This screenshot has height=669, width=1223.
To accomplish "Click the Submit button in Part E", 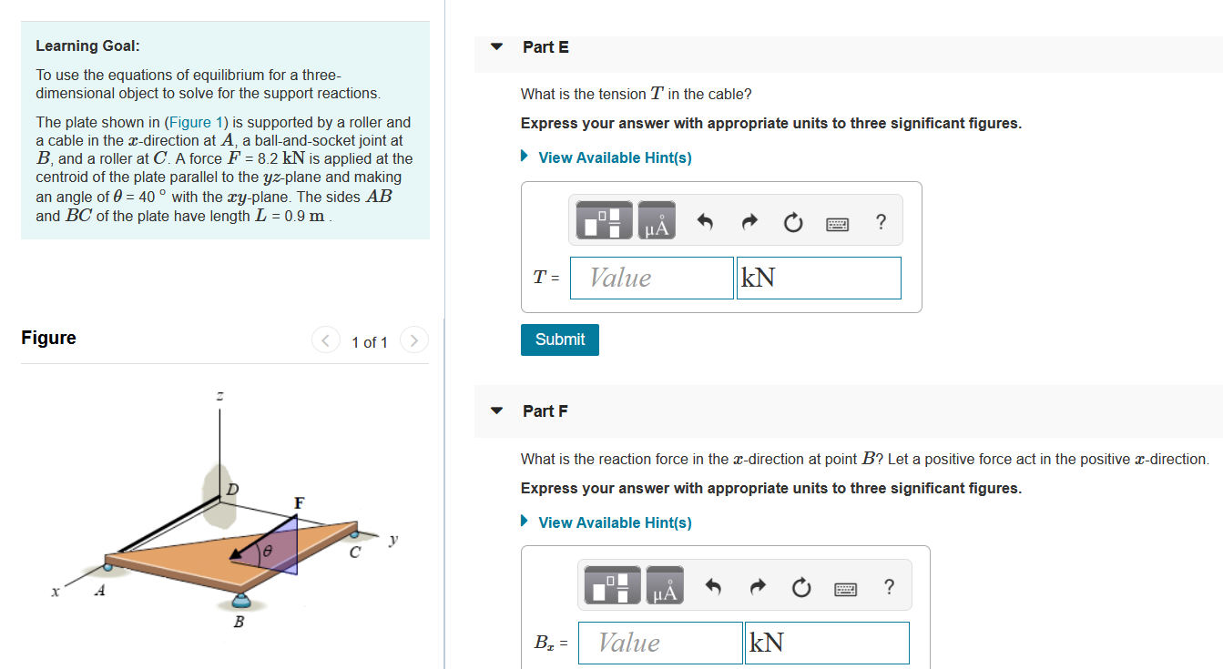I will [x=560, y=340].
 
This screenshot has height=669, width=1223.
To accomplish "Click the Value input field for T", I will [x=651, y=278].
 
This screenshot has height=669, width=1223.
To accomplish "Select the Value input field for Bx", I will [x=660, y=643].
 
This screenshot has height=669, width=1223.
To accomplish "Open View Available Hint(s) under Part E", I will [x=615, y=157].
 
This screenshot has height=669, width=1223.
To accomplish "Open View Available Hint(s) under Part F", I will [x=615, y=522].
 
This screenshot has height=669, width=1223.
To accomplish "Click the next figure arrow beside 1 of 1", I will [x=413, y=341].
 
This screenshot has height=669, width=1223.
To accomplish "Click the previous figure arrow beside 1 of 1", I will [x=326, y=341].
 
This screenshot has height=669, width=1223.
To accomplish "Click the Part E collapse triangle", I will [x=496, y=46].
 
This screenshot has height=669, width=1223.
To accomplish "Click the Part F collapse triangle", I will [x=496, y=411].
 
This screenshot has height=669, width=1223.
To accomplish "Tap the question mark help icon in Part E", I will [x=880, y=222].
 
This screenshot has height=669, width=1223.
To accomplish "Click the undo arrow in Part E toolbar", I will [x=704, y=222].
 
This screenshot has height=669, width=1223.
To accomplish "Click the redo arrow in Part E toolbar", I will [x=748, y=222].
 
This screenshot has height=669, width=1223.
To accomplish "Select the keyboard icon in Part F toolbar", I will [x=846, y=589].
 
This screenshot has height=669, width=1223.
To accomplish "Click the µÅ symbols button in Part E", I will [x=657, y=222].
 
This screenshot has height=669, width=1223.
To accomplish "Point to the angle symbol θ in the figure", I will [x=268, y=552].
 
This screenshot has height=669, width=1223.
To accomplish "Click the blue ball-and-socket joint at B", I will [x=241, y=599].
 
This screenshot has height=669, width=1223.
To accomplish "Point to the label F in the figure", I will [x=299, y=502].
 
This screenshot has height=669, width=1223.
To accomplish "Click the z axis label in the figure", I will [x=219, y=396].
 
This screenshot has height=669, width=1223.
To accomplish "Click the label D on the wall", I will [x=232, y=490].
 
